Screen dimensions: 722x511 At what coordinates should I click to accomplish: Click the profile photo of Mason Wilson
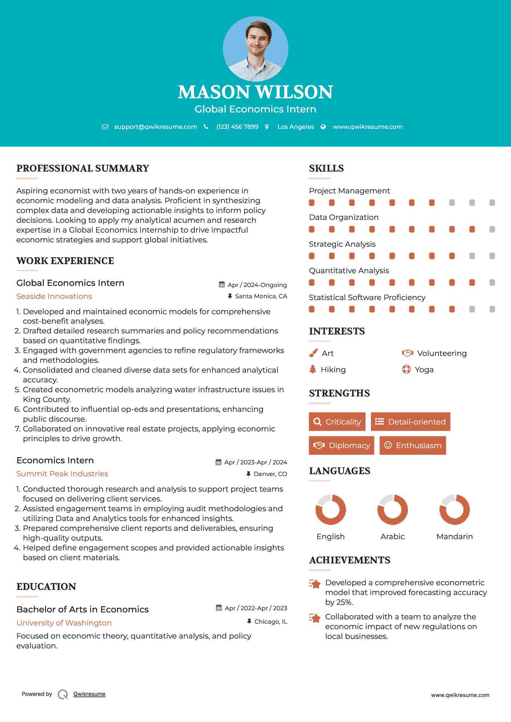click(x=255, y=49)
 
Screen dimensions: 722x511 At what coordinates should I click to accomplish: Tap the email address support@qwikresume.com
click(x=155, y=127)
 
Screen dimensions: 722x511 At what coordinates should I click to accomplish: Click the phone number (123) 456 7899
click(x=237, y=127)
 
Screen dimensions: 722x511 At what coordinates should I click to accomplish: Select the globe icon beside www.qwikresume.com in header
click(x=323, y=127)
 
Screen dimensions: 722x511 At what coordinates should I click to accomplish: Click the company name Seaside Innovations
click(x=54, y=296)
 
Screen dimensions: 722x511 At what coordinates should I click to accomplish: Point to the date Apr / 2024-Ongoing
click(x=257, y=285)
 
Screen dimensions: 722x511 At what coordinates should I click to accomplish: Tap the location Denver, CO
click(x=270, y=474)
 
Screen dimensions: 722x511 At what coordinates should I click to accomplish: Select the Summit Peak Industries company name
click(x=62, y=473)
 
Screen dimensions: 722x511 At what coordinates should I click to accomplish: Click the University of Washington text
click(x=64, y=623)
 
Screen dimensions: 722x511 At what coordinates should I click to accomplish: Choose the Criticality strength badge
click(x=337, y=422)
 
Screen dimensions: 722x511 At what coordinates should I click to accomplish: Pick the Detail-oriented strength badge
click(x=410, y=422)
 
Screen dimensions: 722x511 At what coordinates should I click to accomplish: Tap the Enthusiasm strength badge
click(x=413, y=445)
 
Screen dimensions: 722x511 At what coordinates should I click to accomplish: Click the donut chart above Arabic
click(x=393, y=509)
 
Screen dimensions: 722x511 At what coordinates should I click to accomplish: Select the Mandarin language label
click(x=454, y=536)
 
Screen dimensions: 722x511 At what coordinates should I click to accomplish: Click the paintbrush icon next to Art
click(x=313, y=353)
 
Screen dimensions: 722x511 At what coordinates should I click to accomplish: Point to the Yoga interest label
click(x=424, y=369)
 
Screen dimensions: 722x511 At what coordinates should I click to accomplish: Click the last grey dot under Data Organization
click(x=492, y=229)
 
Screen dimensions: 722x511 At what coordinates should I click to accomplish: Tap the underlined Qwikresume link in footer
click(x=89, y=694)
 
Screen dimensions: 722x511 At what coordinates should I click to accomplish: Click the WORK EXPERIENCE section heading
click(x=65, y=261)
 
